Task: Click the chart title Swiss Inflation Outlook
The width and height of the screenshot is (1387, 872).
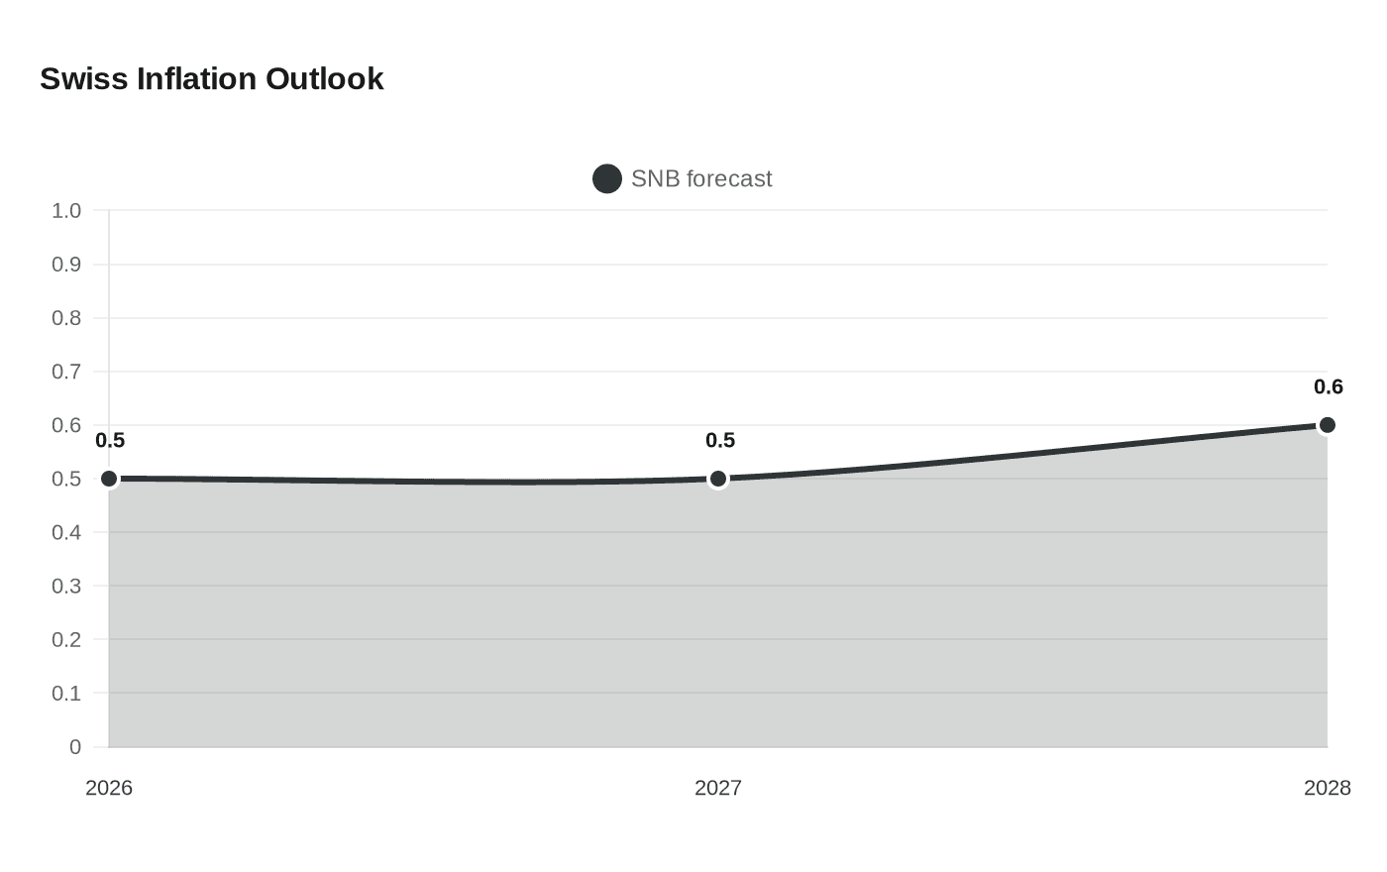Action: click(x=211, y=79)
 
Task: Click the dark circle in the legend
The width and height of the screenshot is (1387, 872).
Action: click(x=606, y=178)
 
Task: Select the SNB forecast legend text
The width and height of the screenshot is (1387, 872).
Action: click(x=700, y=178)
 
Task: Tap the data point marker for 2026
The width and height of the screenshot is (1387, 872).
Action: click(x=109, y=479)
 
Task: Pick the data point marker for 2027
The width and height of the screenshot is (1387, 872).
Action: click(x=718, y=479)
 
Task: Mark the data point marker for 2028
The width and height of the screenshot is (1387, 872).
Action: click(x=1327, y=425)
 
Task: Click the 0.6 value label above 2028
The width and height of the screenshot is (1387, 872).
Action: click(x=1328, y=387)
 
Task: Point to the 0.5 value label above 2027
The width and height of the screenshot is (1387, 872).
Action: click(x=719, y=441)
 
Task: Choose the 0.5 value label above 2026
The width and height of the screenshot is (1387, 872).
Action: click(x=110, y=441)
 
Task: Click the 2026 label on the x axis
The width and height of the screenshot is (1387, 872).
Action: click(x=109, y=788)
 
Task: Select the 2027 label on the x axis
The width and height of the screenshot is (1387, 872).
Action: click(x=718, y=788)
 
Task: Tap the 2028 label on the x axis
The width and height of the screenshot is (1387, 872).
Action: click(x=1327, y=788)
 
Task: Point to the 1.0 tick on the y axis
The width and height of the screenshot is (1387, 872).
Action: click(x=66, y=211)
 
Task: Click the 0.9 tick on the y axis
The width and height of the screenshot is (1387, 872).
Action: click(x=66, y=265)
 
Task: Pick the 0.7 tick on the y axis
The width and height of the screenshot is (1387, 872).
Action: click(x=66, y=372)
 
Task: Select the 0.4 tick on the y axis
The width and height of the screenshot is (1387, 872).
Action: click(x=66, y=532)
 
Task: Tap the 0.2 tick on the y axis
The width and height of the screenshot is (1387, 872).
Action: click(x=66, y=639)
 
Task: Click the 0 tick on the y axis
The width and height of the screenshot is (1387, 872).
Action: click(x=75, y=747)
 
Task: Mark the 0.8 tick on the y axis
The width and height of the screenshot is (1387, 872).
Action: click(x=66, y=318)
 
